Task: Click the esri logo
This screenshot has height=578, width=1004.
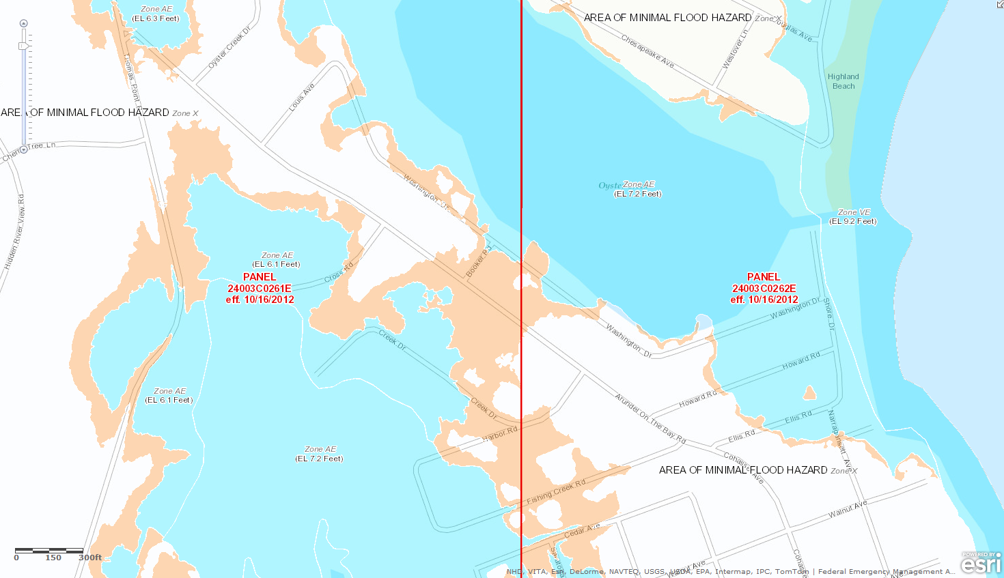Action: (x=981, y=564)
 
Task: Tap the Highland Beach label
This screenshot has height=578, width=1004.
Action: (x=843, y=81)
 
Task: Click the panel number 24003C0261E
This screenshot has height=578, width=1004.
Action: (x=260, y=289)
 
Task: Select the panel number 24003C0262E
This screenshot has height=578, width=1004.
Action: (x=764, y=289)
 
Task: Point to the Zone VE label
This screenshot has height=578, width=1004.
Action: (x=854, y=212)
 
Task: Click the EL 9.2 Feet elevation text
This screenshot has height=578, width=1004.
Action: (x=853, y=221)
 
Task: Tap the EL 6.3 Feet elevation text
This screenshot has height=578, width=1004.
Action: (x=156, y=18)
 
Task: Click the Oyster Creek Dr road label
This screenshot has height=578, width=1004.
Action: (x=229, y=47)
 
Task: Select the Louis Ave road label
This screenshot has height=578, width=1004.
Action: (x=301, y=98)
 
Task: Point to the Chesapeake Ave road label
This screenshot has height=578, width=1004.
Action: (x=647, y=52)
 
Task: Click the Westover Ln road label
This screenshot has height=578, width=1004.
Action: (x=736, y=48)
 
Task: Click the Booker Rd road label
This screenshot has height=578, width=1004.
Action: (x=478, y=263)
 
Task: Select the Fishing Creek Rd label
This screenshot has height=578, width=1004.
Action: (x=556, y=492)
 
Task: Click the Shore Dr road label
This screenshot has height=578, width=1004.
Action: (x=828, y=314)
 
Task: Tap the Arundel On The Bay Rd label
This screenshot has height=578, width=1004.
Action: (x=650, y=418)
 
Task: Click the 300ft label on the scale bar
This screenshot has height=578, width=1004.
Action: (x=90, y=558)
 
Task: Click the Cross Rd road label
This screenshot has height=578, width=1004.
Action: (x=339, y=273)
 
